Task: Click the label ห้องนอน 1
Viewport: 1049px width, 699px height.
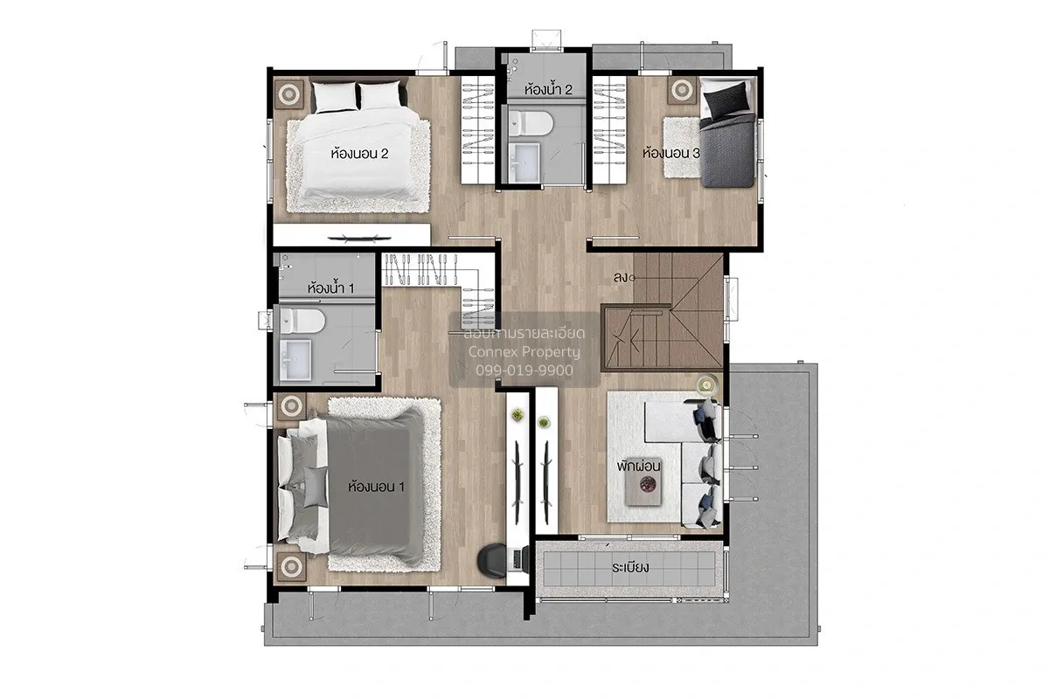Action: [x=376, y=487]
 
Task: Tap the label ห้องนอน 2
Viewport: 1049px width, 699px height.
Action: [x=359, y=154]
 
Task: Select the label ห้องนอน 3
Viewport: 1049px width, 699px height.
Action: [x=671, y=153]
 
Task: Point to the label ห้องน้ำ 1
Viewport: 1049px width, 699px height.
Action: [x=330, y=287]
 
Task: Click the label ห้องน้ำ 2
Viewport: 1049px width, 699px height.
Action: [x=548, y=89]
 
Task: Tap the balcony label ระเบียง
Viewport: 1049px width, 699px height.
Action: [x=630, y=567]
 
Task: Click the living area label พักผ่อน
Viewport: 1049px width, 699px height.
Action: [x=638, y=466]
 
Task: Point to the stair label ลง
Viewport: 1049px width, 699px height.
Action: [x=621, y=278]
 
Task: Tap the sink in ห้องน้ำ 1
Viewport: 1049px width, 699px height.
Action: [x=295, y=359]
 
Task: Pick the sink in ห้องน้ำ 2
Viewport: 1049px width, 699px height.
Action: [x=524, y=162]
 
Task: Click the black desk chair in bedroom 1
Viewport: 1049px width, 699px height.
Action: [x=491, y=558]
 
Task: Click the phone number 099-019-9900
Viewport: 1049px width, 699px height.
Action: [x=524, y=370]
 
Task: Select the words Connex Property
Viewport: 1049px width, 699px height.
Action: [x=524, y=351]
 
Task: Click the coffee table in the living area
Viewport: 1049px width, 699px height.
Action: [x=644, y=481]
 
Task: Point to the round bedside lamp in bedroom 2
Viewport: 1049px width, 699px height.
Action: [x=289, y=94]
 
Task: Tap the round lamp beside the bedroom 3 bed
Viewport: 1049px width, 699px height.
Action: [x=683, y=89]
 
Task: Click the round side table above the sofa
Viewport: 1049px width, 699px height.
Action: [x=706, y=384]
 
